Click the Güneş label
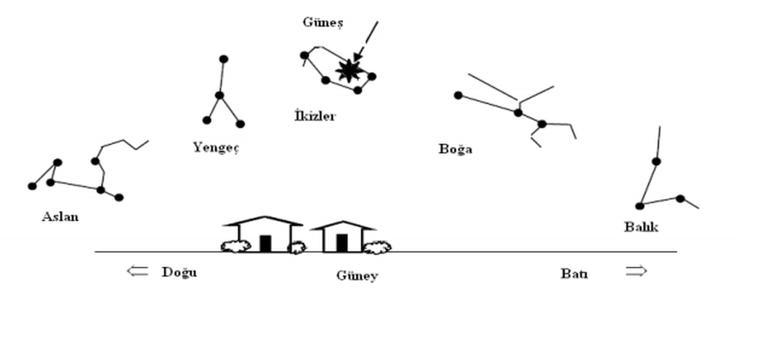click(x=323, y=22)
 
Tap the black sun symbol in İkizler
click(x=348, y=71)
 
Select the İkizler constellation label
click(x=315, y=116)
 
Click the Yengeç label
click(x=216, y=147)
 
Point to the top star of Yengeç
click(x=224, y=59)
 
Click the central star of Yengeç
click(x=219, y=95)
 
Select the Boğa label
click(x=455, y=149)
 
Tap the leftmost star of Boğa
click(x=458, y=96)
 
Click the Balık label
click(x=641, y=227)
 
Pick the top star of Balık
click(x=656, y=162)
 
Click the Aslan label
click(x=60, y=217)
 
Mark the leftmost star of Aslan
click(x=32, y=186)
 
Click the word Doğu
click(x=179, y=272)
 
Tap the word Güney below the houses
click(x=357, y=276)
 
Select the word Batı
click(x=574, y=274)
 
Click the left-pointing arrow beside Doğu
click(x=138, y=271)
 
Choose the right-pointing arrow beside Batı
click(x=636, y=271)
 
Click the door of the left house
click(x=265, y=243)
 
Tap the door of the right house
click(x=342, y=243)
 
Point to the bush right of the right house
click(x=377, y=247)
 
